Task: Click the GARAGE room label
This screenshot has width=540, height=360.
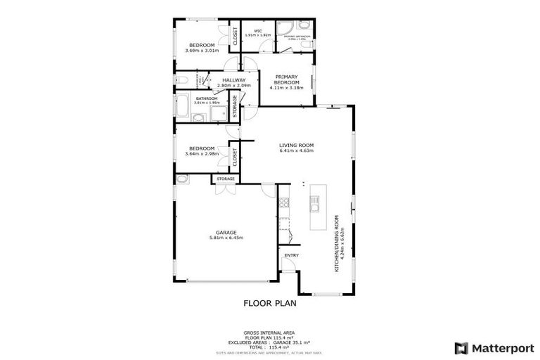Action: [x=226, y=232]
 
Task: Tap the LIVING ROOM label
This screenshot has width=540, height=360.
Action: [x=295, y=145]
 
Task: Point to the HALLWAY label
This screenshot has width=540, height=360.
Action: [x=233, y=80]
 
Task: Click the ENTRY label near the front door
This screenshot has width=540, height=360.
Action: [x=291, y=255]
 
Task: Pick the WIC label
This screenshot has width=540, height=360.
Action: [x=258, y=31]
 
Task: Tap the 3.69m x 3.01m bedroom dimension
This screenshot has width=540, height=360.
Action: [x=202, y=51]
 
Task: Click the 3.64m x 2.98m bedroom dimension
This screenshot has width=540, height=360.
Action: [x=202, y=153]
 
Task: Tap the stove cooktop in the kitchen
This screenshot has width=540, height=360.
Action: [x=284, y=203]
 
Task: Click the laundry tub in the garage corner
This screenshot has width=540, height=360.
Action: [x=181, y=179]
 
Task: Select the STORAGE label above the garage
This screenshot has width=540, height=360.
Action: [x=225, y=179]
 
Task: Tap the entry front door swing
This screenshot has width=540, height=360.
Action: [x=288, y=265]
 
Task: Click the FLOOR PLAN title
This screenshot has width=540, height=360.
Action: [x=269, y=304]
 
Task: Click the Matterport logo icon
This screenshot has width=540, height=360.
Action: [x=461, y=347]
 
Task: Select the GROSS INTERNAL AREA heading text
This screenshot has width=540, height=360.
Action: [x=269, y=332]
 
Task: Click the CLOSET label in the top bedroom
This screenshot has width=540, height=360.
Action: [x=236, y=36]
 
